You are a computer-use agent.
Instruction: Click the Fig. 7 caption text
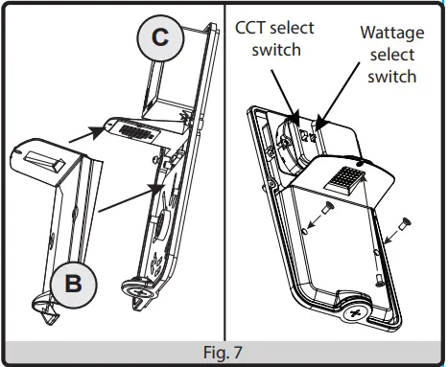click(x=224, y=354)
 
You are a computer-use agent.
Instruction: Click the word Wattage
click(x=392, y=32)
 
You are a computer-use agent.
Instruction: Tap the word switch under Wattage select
click(x=392, y=76)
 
